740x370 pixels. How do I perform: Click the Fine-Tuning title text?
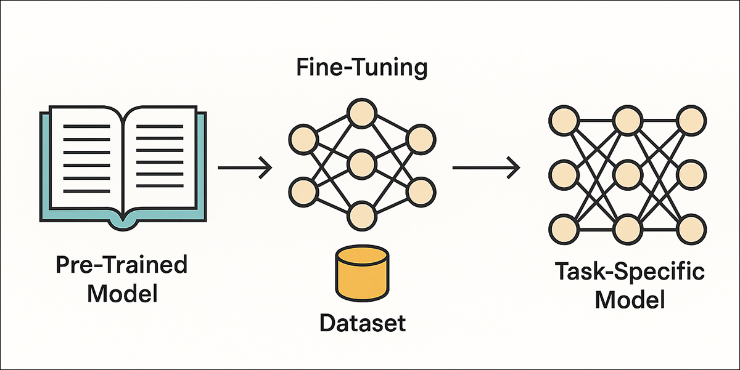coord(361,68)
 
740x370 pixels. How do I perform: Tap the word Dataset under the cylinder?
coord(362,322)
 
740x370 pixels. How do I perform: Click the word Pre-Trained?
coord(121,265)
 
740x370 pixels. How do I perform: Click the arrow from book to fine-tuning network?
coord(245,167)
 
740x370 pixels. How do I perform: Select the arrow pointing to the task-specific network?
coord(485,167)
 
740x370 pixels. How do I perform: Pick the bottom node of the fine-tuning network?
coord(361,215)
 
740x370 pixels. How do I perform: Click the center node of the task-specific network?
coord(626,175)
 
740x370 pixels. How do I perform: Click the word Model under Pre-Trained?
coord(122,292)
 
